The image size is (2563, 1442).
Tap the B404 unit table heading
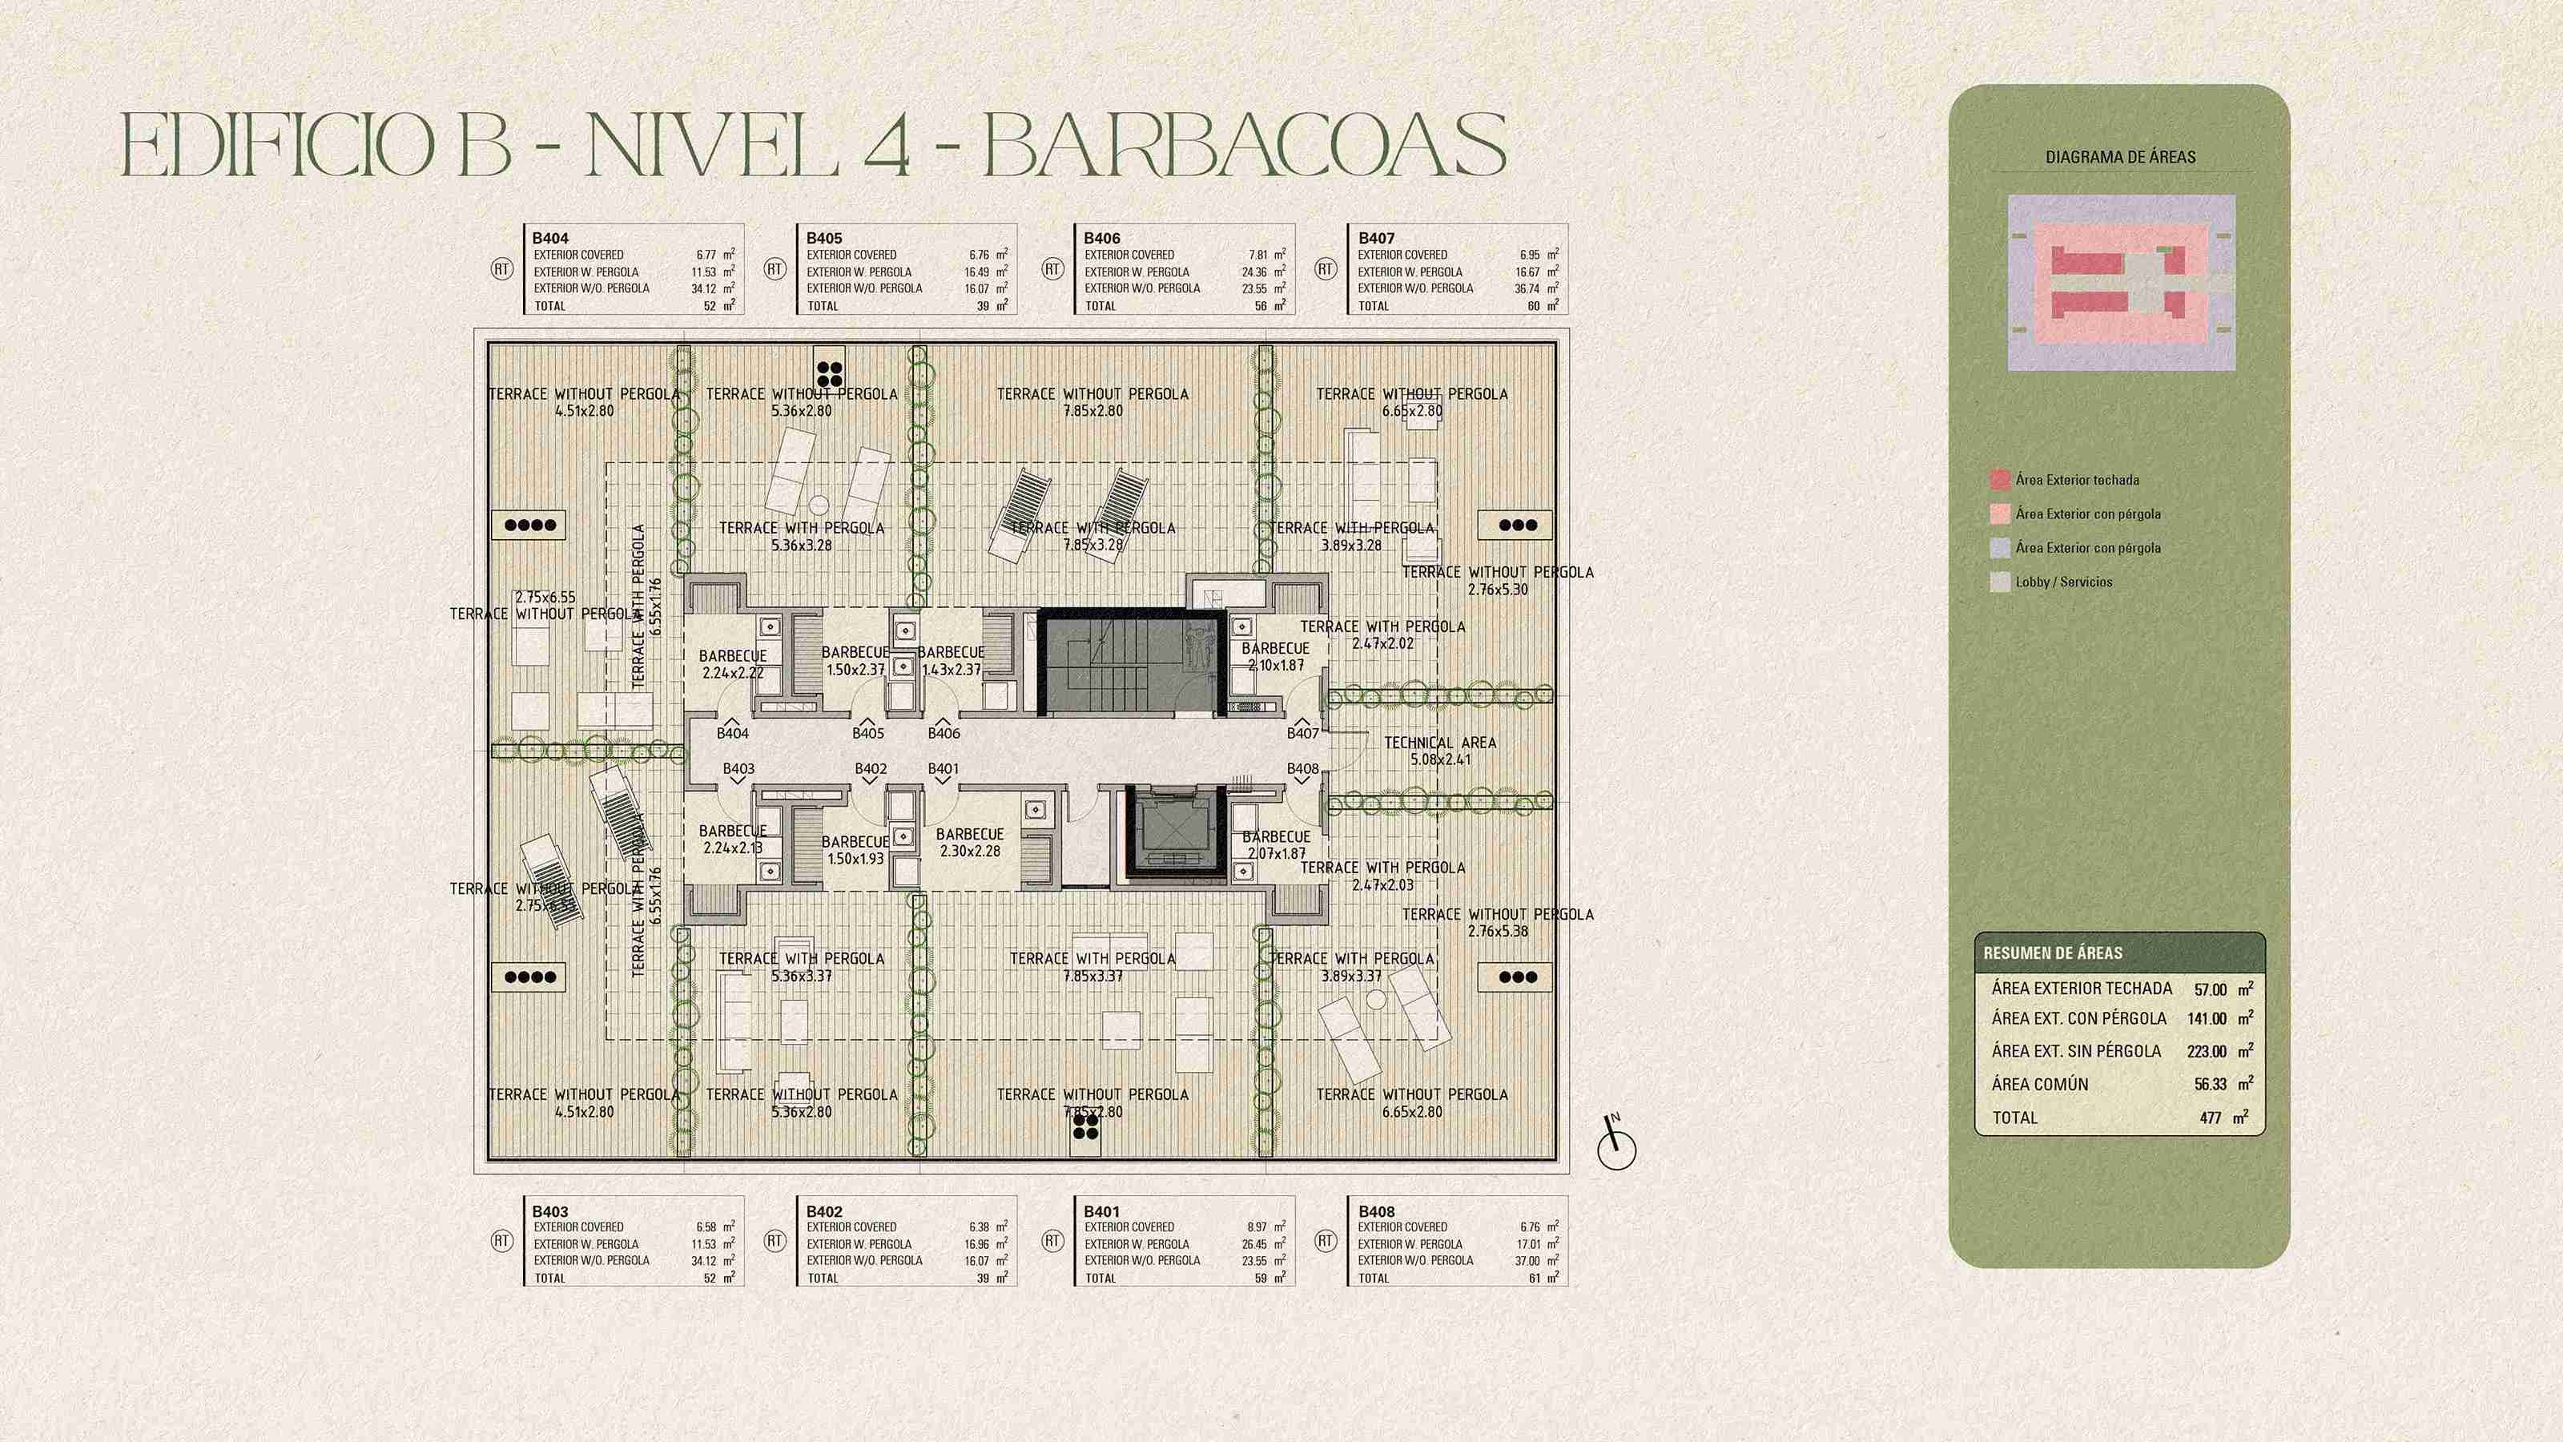(x=550, y=238)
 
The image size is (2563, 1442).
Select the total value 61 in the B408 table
(x=1535, y=1278)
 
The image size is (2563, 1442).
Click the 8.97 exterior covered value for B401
(x=1257, y=1227)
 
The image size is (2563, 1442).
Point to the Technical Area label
(x=1440, y=751)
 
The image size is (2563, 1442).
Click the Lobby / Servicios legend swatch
(x=2000, y=582)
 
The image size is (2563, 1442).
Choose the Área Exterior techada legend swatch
(x=2000, y=480)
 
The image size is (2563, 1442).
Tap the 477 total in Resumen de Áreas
(x=2211, y=1118)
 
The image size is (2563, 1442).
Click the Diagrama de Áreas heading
(x=2120, y=157)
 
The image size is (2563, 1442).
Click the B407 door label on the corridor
(x=1302, y=734)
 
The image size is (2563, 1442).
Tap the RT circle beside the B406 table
(x=1052, y=268)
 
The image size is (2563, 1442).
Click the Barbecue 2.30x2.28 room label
(x=969, y=842)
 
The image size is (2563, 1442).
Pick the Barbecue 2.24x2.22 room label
(x=732, y=664)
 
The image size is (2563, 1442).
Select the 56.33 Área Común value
(x=2210, y=1084)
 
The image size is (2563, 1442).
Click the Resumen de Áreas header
(x=2053, y=953)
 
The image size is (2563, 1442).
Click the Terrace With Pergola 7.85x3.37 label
(x=1092, y=966)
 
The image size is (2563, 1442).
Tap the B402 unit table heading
(x=824, y=1211)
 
